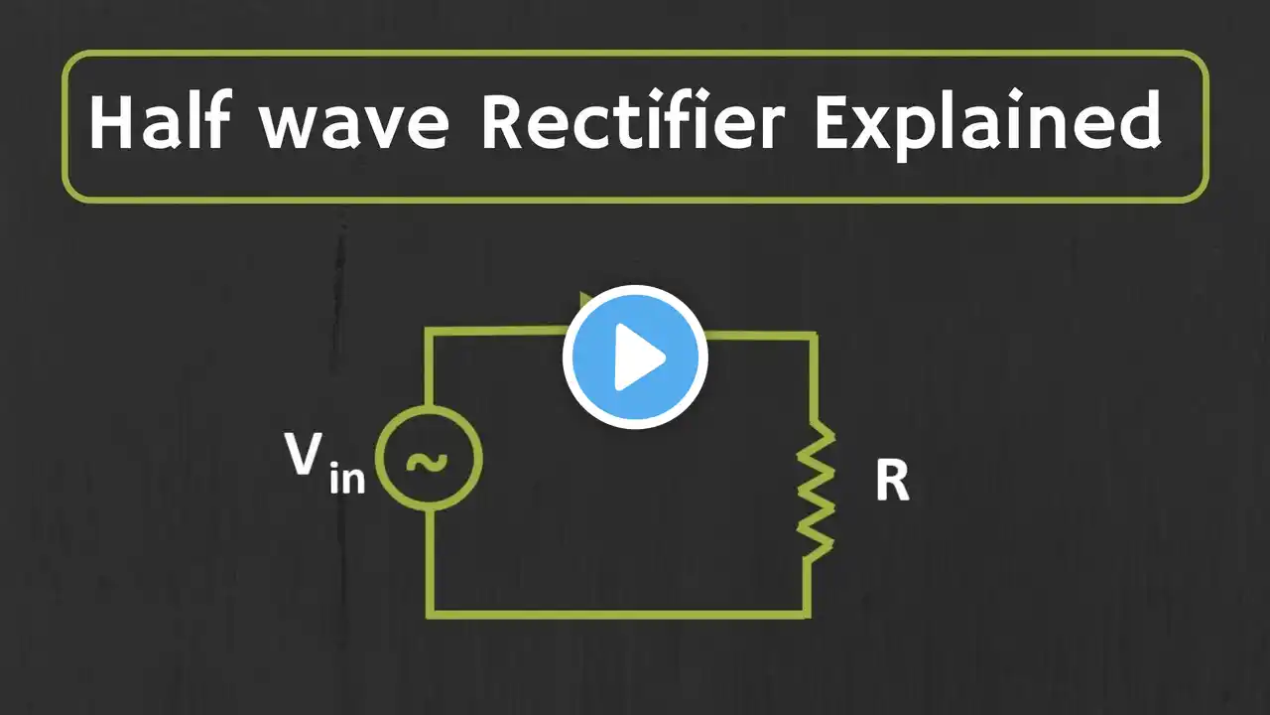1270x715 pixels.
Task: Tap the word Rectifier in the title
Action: pyautogui.click(x=633, y=122)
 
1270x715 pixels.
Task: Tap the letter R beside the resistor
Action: pyautogui.click(x=892, y=482)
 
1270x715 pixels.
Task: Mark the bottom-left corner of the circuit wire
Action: pyautogui.click(x=432, y=613)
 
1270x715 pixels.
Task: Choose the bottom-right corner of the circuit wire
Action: pyautogui.click(x=808, y=613)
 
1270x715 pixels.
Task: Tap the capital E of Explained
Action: pyautogui.click(x=833, y=122)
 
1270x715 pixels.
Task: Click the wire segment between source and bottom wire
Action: pyautogui.click(x=432, y=561)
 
